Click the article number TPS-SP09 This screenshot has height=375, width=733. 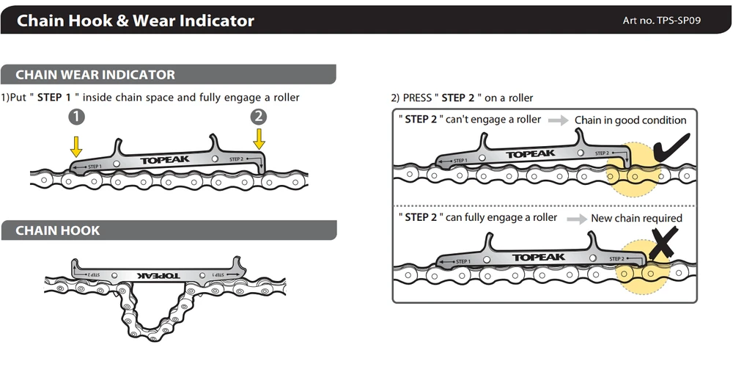[x=662, y=20]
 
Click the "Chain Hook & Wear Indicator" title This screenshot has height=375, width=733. [x=136, y=21]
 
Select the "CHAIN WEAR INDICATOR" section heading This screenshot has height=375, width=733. [x=95, y=74]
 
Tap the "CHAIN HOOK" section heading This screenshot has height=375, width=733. [x=57, y=230]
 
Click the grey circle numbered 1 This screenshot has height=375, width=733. [x=77, y=117]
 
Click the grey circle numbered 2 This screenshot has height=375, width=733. [x=259, y=117]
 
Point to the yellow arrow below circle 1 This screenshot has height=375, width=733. [x=76, y=145]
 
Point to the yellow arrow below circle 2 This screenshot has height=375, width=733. [x=259, y=139]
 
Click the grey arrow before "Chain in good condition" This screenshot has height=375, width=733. [x=558, y=120]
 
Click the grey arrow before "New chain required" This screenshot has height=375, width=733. [x=577, y=219]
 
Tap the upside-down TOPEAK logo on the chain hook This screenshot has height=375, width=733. [x=159, y=275]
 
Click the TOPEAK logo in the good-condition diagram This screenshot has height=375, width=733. [x=530, y=154]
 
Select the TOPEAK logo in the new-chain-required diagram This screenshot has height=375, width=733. [x=539, y=258]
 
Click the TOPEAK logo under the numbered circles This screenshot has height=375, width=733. [x=165, y=160]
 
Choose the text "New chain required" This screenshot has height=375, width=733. [x=637, y=218]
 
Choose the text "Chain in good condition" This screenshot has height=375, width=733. [x=630, y=120]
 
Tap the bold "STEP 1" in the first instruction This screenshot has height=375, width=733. [x=54, y=98]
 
